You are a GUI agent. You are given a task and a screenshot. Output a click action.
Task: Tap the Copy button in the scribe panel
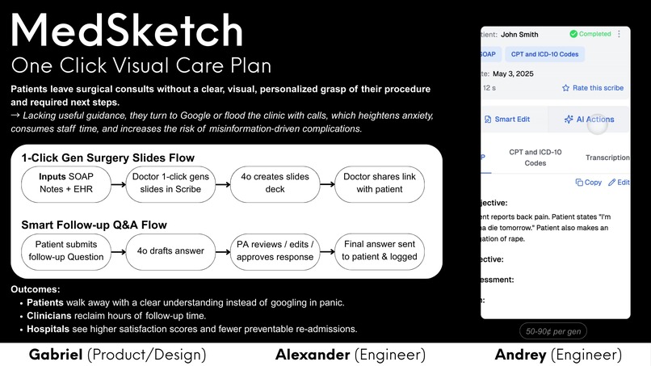coord(588,183)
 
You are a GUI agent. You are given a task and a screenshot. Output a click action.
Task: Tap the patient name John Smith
coord(519,35)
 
